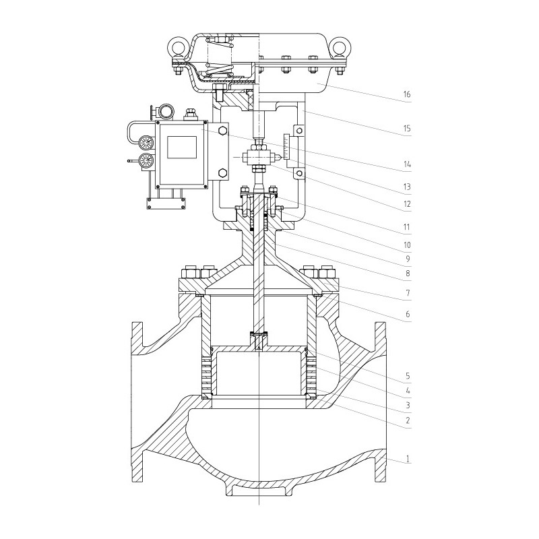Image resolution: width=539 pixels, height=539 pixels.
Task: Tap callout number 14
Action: click(x=406, y=163)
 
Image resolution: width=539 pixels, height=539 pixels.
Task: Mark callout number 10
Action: click(x=406, y=245)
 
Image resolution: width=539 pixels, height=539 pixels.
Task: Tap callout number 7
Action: click(x=406, y=294)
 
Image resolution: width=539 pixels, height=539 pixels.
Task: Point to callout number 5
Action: click(x=406, y=375)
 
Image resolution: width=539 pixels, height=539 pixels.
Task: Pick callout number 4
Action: click(x=406, y=390)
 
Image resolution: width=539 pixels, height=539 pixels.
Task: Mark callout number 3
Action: click(x=406, y=406)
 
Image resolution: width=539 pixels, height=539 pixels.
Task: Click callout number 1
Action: click(x=406, y=460)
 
